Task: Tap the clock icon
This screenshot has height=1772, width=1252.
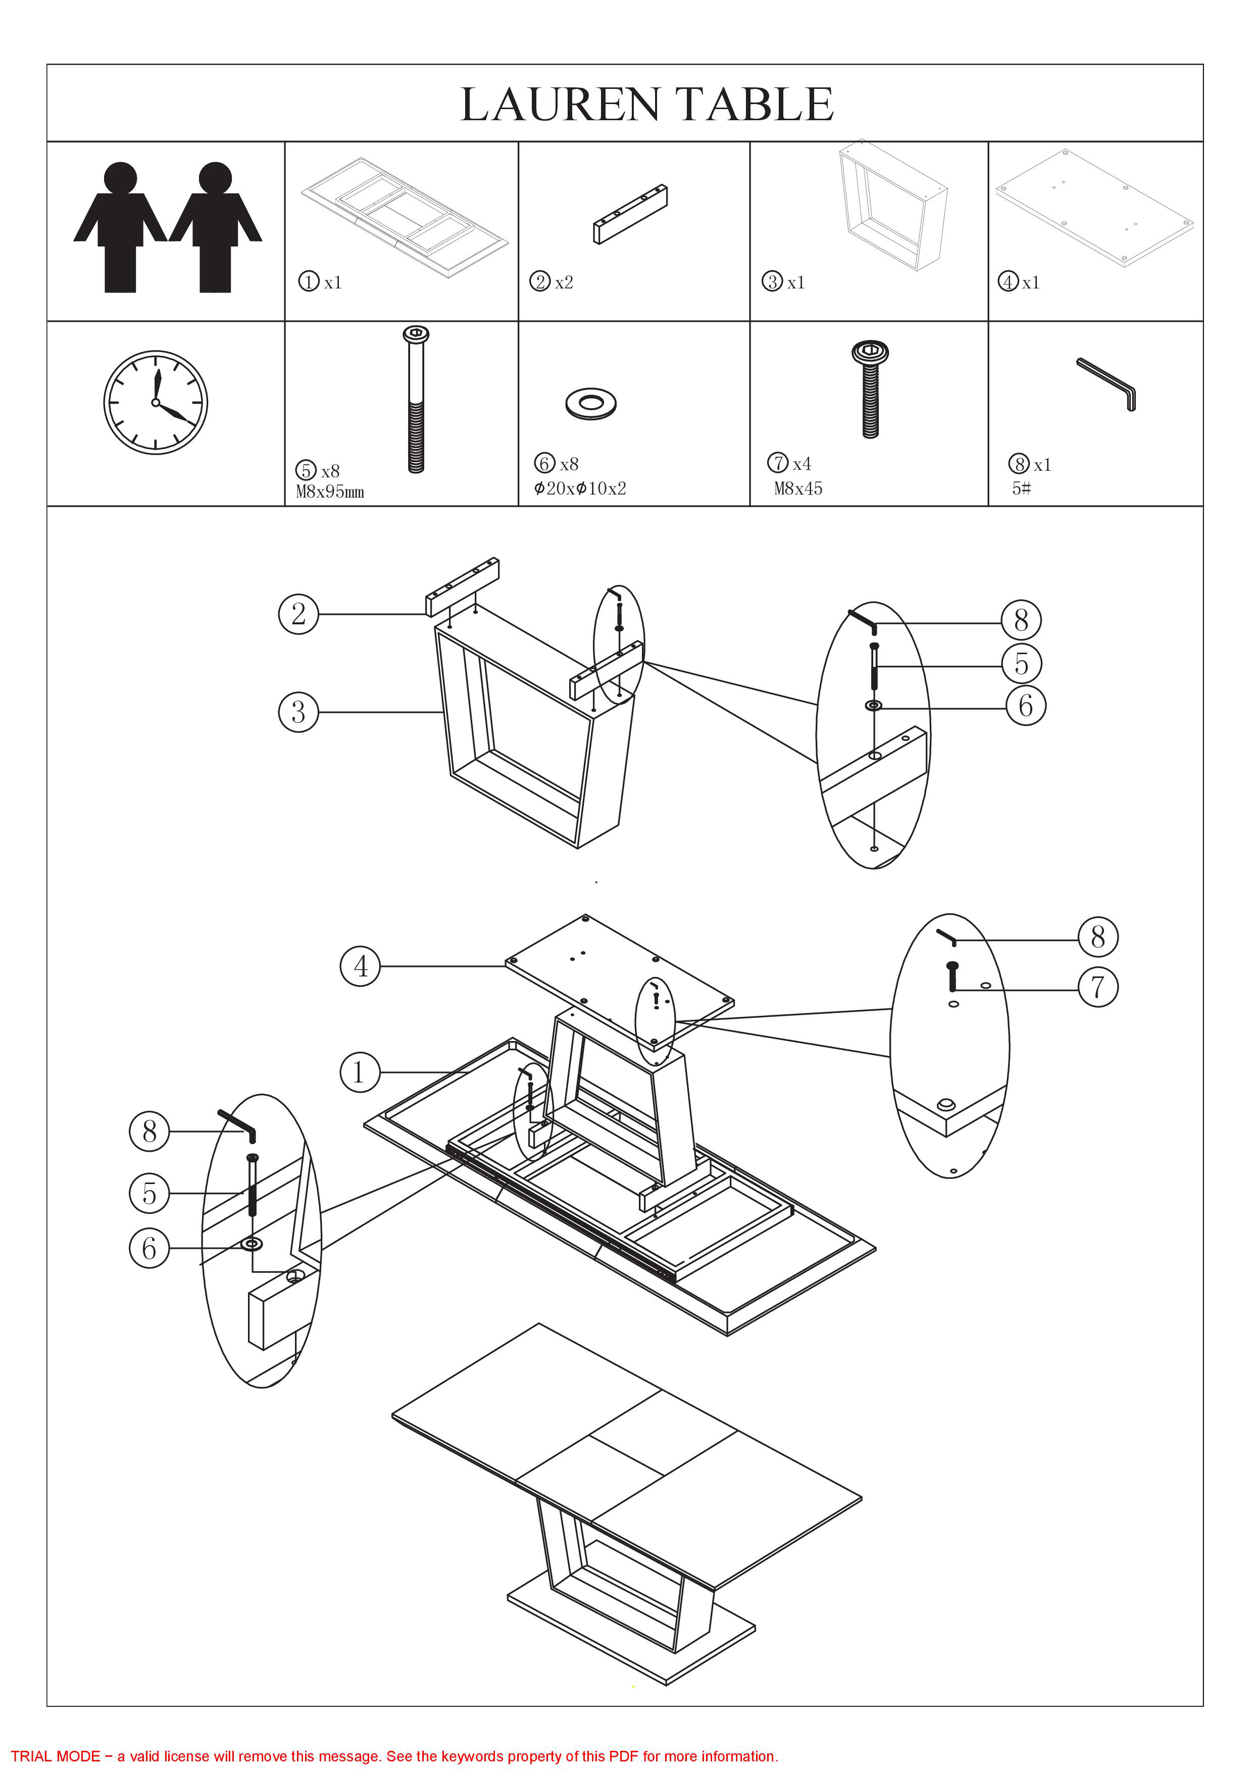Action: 156,402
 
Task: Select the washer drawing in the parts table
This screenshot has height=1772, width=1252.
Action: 591,403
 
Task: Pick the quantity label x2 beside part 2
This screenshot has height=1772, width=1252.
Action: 564,282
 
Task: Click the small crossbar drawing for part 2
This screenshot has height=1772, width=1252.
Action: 630,215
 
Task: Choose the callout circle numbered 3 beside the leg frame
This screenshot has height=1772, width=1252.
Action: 298,712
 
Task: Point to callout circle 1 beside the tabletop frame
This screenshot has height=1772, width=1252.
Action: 360,1072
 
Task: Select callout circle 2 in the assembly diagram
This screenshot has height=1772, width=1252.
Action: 298,614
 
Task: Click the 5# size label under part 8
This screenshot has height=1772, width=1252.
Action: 1021,488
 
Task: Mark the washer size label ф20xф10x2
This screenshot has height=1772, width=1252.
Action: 580,488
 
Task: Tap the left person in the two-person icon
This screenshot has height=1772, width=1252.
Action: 120,228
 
